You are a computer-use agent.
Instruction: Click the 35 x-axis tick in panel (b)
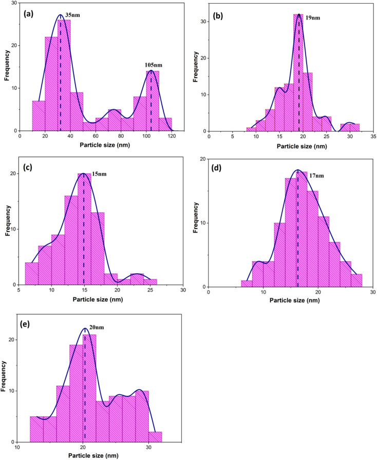point(374,137)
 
